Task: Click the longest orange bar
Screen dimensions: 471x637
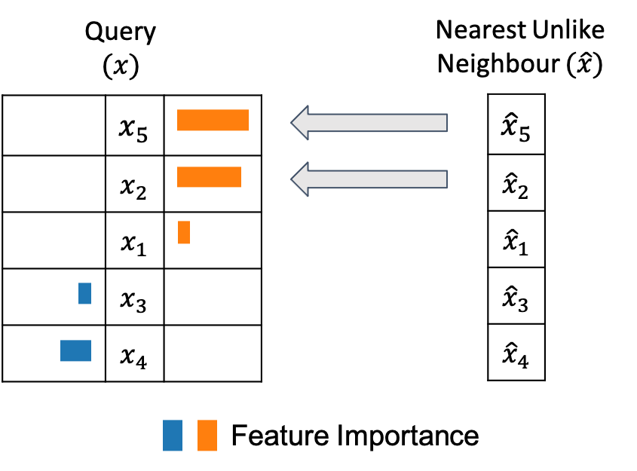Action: pos(213,120)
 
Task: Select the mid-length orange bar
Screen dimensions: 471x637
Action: pos(209,177)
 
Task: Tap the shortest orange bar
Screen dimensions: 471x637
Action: pos(184,232)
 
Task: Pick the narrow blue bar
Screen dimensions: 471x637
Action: pos(84,293)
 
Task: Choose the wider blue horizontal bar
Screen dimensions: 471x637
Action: pos(75,350)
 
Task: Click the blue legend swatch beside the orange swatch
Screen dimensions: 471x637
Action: pos(173,436)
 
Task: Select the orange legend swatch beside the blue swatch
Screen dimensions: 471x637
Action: pos(207,436)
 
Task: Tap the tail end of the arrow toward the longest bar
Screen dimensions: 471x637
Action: pos(445,123)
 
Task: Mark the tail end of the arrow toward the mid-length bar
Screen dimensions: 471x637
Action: pos(445,179)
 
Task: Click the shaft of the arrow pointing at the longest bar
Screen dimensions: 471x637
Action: pos(377,123)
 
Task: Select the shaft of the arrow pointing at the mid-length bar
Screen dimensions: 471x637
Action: pos(377,179)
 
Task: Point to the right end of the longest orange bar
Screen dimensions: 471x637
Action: pos(248,120)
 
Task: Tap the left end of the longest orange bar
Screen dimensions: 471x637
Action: pos(178,120)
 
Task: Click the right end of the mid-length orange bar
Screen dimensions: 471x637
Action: pos(240,177)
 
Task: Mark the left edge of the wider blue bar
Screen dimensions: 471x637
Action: pos(61,350)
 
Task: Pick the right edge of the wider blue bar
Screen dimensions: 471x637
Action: pos(90,350)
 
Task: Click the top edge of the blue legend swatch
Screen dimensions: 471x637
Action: pos(173,421)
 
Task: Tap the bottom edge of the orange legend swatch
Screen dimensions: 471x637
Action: pos(207,451)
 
